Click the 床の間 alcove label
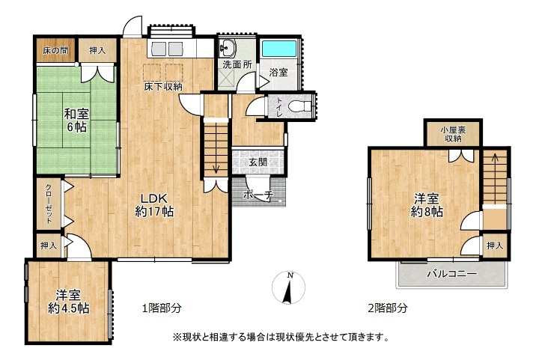55,51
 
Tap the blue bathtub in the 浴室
279,49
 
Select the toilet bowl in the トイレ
298,106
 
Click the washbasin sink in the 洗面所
227,47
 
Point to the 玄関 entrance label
258,162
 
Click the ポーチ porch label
258,195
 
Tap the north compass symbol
288,287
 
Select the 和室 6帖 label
76,120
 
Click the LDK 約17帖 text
154,205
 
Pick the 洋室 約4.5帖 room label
69,302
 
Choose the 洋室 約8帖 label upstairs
427,205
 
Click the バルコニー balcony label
451,274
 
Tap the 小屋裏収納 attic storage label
453,135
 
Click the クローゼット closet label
49,204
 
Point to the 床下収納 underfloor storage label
163,87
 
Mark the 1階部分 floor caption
162,308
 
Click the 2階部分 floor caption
388,308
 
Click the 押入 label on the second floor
495,245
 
